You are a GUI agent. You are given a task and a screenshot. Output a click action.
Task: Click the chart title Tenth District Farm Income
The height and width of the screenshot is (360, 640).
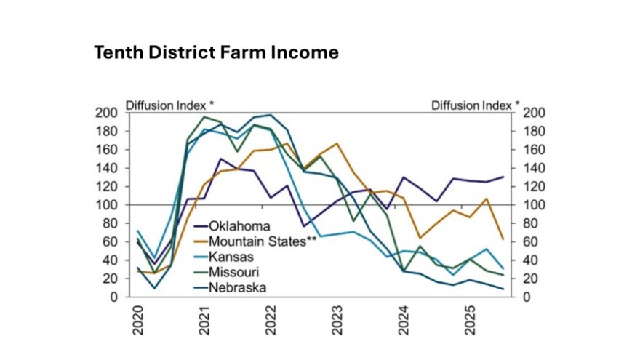coord(216,53)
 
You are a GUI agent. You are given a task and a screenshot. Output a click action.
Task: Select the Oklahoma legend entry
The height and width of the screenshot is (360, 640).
coord(241,226)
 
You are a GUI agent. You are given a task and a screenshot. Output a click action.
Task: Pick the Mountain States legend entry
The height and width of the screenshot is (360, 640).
coord(263,241)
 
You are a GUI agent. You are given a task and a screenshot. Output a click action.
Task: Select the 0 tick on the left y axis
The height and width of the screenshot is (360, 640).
coord(114,297)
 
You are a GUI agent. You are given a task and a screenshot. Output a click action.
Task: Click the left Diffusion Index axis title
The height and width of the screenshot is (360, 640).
coord(169,105)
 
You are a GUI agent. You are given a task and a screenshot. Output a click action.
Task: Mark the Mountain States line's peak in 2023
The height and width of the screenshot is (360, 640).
coord(337,143)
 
